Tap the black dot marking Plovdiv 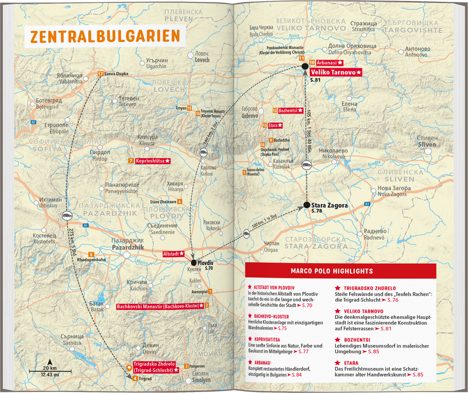click(x=194, y=262)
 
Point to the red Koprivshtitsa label click(x=153, y=161)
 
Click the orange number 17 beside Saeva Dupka click(x=100, y=73)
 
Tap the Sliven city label click(x=427, y=144)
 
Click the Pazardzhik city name click(x=128, y=247)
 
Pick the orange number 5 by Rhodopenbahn click(x=91, y=255)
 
